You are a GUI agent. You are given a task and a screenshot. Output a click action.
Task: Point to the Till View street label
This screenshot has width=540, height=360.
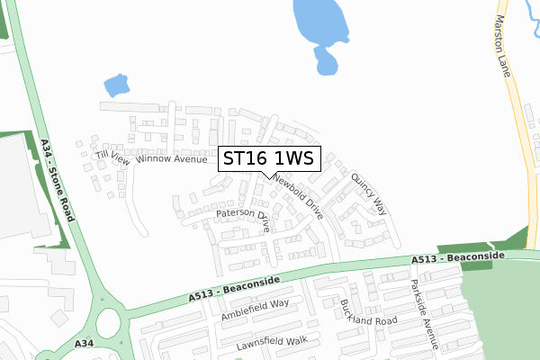click(x=112, y=157)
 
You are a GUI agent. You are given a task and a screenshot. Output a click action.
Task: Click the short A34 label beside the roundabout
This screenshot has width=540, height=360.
click(x=85, y=344)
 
